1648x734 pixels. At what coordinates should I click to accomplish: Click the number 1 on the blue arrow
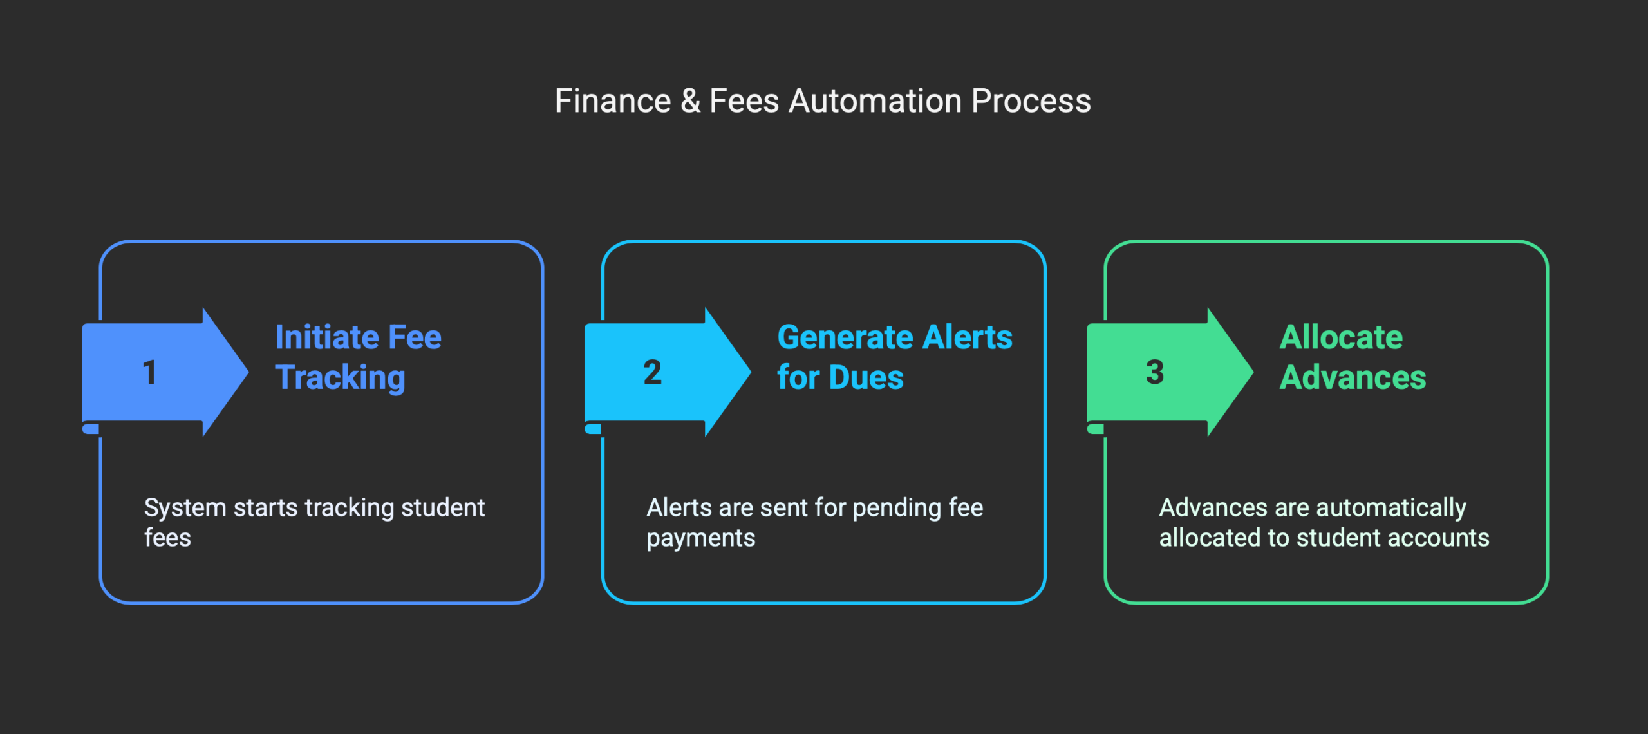pyautogui.click(x=149, y=372)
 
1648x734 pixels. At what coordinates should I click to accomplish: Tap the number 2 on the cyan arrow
pyautogui.click(x=652, y=372)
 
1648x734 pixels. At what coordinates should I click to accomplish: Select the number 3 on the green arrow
pyautogui.click(x=1155, y=372)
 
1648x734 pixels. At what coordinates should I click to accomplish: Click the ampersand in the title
pyautogui.click(x=690, y=101)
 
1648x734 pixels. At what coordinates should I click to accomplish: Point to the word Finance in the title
pyautogui.click(x=613, y=101)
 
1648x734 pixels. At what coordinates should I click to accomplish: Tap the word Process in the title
pyautogui.click(x=1031, y=101)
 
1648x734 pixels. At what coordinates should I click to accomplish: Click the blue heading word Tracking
pyautogui.click(x=340, y=378)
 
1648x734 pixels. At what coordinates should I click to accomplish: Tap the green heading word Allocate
pyautogui.click(x=1341, y=337)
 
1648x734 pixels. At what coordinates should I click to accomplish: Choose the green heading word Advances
pyautogui.click(x=1353, y=377)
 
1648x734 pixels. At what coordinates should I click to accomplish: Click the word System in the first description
pyautogui.click(x=185, y=508)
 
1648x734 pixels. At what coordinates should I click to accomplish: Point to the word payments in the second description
pyautogui.click(x=700, y=538)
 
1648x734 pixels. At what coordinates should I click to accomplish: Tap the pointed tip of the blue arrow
pyautogui.click(x=248, y=372)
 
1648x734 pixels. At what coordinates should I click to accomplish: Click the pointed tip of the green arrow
pyautogui.click(x=1253, y=372)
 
